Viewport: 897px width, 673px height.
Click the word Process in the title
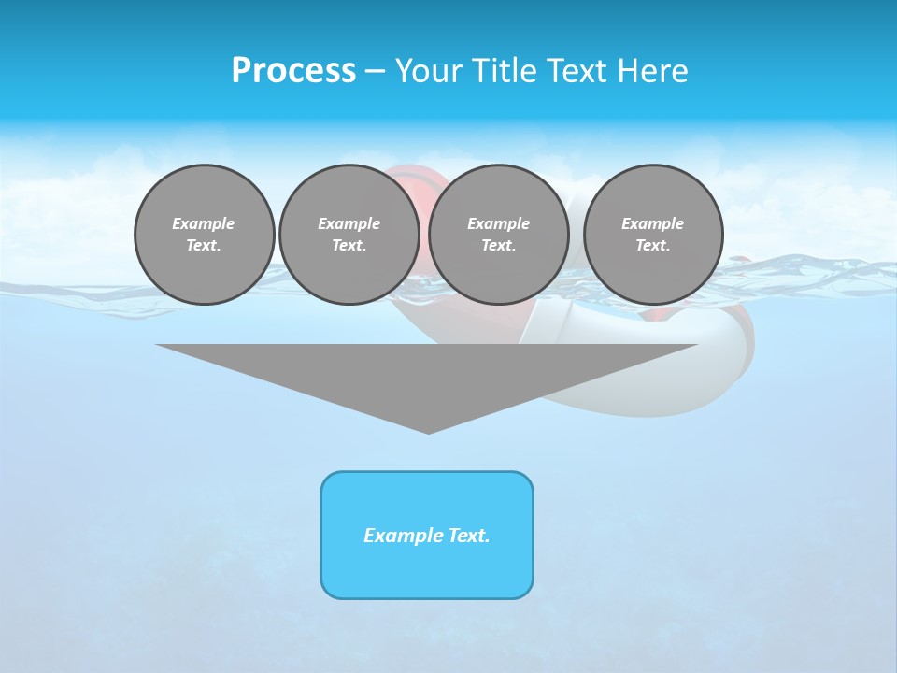tap(293, 71)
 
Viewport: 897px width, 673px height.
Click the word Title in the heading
tap(505, 71)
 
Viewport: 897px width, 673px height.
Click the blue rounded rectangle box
tap(427, 570)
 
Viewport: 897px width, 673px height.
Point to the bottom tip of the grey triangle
tap(428, 431)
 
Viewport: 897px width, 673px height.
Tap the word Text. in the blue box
tap(468, 536)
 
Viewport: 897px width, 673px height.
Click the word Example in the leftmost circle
tap(204, 223)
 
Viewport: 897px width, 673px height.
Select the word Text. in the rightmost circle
tap(653, 245)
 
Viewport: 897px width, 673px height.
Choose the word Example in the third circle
tap(499, 223)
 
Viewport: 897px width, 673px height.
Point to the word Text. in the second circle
tap(349, 245)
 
